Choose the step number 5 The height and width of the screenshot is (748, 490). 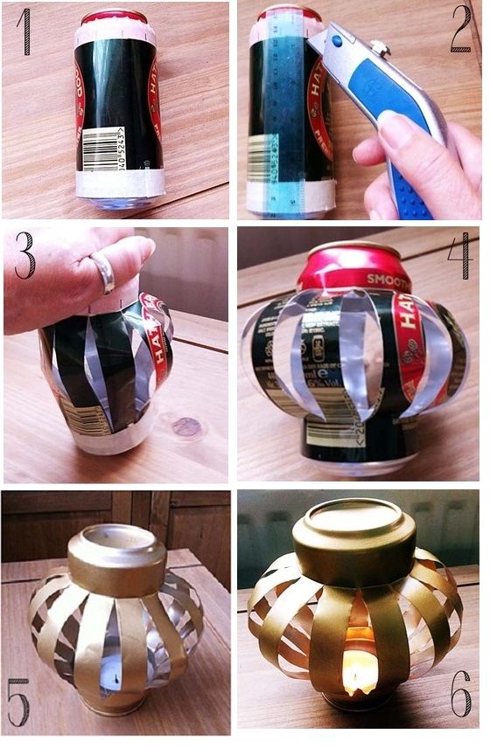[x=19, y=701]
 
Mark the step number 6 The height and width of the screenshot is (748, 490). [x=461, y=699]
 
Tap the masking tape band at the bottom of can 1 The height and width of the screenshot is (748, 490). [x=120, y=184]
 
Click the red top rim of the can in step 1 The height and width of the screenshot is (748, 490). [x=114, y=16]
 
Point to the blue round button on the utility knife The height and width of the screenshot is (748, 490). [x=339, y=39]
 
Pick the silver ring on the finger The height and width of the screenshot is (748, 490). [x=104, y=274]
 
